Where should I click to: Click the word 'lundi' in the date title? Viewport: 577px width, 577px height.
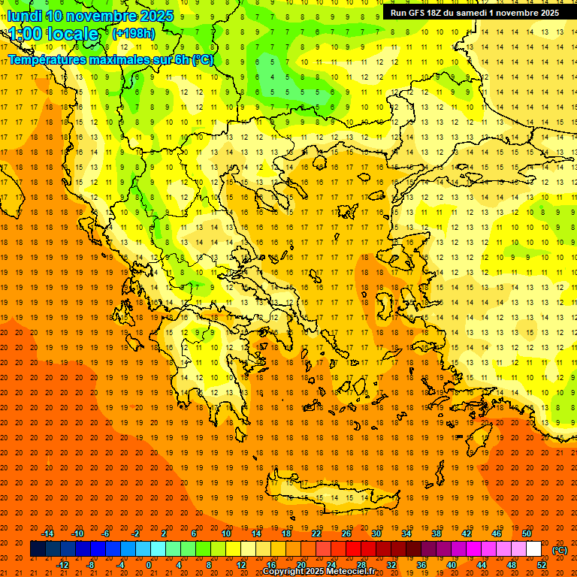26,16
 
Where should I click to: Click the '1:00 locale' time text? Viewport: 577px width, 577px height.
55,34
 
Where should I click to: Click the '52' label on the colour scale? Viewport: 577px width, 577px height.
542,565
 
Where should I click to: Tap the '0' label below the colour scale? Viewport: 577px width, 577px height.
150,565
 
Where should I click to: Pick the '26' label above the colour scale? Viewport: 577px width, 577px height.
346,533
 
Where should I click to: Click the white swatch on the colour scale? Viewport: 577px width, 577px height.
534,549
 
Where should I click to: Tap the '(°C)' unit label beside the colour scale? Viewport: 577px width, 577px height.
560,550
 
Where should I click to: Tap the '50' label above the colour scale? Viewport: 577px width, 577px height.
527,533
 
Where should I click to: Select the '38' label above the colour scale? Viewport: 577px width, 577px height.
437,533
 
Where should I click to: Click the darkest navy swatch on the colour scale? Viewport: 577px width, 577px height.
38,549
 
